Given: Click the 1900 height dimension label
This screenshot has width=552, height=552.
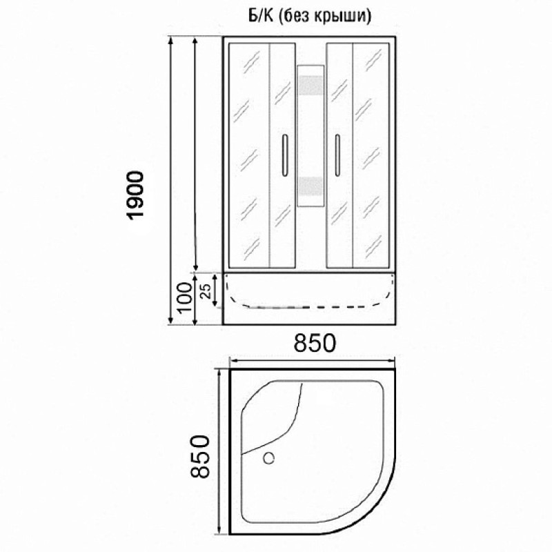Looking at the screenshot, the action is pos(136,196).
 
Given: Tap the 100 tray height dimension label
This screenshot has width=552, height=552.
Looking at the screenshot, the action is pos(185,297).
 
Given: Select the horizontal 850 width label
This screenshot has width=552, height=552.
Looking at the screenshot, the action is pos(315,343).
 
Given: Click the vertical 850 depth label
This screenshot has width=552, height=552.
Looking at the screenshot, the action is pos(200,456).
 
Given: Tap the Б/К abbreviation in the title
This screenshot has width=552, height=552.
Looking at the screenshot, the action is pos(261,15).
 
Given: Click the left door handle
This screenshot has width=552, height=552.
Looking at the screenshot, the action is pos(284,155).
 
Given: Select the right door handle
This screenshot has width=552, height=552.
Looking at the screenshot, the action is pos(337,155).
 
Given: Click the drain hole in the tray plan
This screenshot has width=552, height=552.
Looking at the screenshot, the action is pos(269,458).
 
